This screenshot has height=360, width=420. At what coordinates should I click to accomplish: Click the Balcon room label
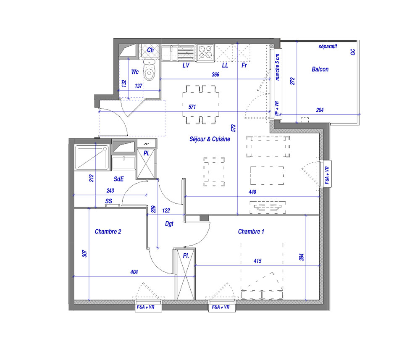point(320,69)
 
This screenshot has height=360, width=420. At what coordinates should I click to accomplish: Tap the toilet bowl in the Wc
point(149,70)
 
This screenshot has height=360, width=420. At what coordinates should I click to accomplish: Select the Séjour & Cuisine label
point(210,139)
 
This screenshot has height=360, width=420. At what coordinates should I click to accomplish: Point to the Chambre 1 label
point(251,231)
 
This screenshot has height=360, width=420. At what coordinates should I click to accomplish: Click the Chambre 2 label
point(108,231)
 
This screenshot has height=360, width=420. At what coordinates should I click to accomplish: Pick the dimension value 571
point(192,107)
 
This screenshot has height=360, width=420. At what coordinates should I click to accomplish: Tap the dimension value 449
point(252,192)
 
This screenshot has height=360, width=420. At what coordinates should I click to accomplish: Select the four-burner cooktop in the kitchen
point(206,52)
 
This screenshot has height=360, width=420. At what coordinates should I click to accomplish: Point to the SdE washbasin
point(124,163)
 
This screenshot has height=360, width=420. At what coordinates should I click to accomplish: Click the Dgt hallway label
point(169,223)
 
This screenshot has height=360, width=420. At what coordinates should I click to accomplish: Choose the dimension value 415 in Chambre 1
point(257,261)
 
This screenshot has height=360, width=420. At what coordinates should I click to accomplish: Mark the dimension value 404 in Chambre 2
point(134,272)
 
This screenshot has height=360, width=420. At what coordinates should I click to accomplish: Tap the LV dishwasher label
point(186,65)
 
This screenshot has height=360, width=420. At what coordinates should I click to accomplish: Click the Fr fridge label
point(244,65)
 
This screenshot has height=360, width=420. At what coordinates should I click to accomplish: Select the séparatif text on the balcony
point(328,46)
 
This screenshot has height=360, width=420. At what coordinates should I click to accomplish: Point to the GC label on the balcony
point(353,52)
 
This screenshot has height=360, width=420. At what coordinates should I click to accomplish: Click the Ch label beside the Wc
point(150,50)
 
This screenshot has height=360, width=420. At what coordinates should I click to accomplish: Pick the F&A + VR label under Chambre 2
point(145,307)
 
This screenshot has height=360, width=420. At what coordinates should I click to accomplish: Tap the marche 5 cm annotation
point(277,67)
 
